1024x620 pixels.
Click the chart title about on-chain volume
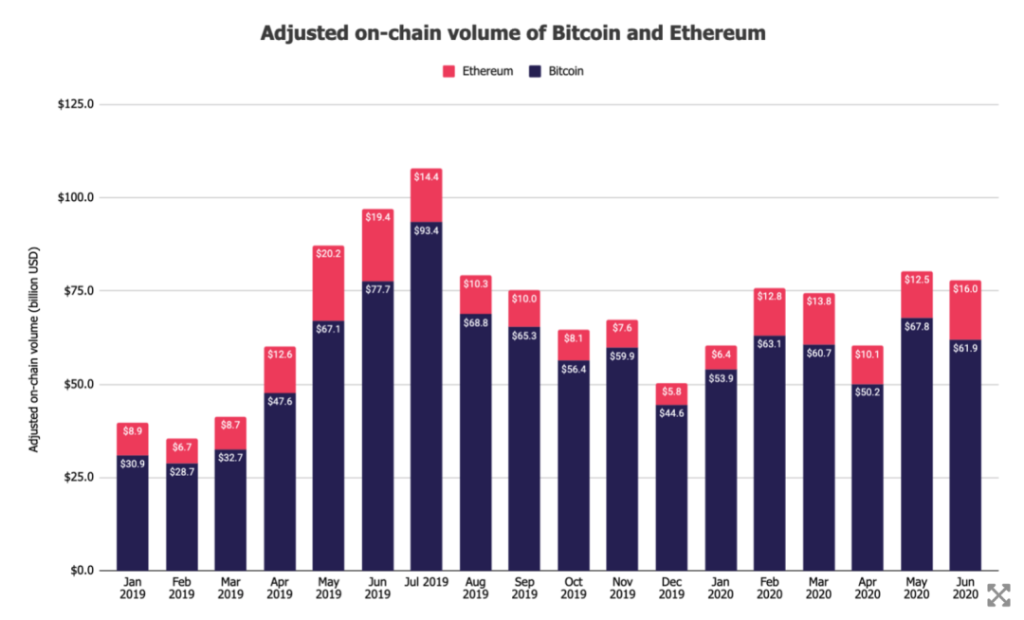[513, 33]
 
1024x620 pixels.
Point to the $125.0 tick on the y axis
[76, 104]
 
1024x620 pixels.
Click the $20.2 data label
[328, 254]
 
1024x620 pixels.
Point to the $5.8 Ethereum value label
[670, 392]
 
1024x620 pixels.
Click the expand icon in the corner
[998, 595]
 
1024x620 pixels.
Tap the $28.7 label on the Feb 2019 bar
[182, 471]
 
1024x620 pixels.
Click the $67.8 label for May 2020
[915, 324]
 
